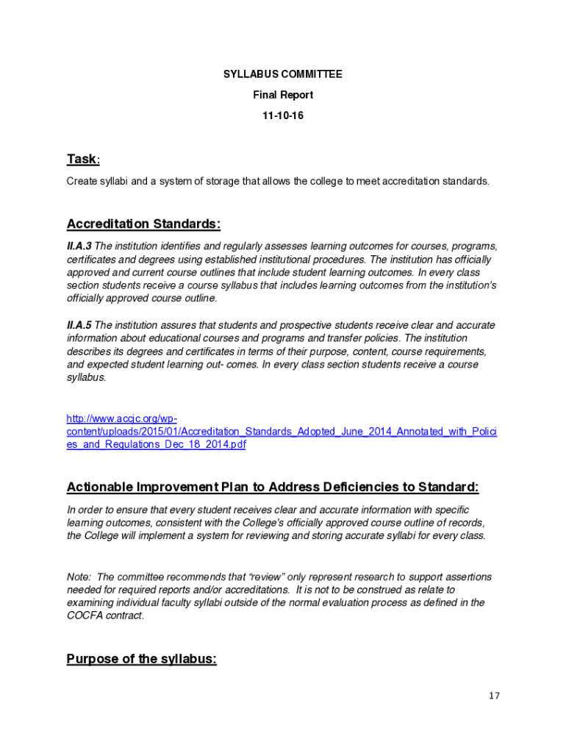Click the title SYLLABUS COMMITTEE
(x=283, y=74)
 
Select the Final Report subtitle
(x=283, y=95)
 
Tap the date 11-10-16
(x=283, y=115)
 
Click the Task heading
(x=82, y=160)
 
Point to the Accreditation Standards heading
(x=143, y=224)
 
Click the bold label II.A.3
(x=79, y=246)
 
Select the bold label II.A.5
(x=79, y=325)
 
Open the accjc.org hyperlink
(x=282, y=432)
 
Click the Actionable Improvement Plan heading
(x=273, y=487)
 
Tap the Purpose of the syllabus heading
(x=141, y=659)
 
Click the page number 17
(x=493, y=696)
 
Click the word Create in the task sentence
(x=82, y=181)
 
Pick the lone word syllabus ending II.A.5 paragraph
(x=86, y=378)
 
